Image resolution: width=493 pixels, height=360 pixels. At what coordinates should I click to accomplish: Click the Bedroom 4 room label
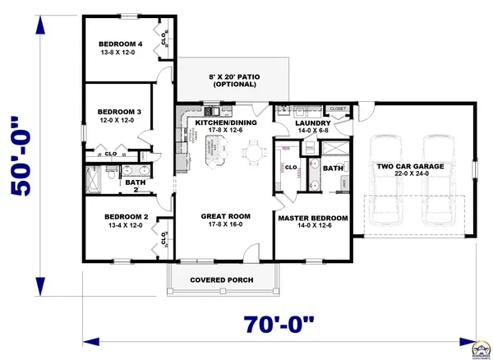[x=121, y=44]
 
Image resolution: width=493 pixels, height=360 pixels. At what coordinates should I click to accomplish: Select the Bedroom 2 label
[x=126, y=217]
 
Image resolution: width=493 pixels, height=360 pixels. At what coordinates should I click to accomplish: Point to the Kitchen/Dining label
[x=225, y=122]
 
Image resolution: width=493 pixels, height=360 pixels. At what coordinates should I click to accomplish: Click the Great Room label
[x=225, y=217]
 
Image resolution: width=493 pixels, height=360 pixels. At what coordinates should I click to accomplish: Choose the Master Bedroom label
[x=312, y=218]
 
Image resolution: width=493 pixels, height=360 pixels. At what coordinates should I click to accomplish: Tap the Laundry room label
[x=312, y=122]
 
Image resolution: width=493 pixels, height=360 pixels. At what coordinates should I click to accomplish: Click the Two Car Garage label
[x=410, y=166]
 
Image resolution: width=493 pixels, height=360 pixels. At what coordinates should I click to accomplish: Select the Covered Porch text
[x=222, y=280]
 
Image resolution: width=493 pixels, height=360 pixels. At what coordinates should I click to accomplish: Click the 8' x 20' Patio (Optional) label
[x=236, y=81]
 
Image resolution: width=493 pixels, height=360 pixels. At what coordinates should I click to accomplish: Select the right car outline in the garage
[x=437, y=179]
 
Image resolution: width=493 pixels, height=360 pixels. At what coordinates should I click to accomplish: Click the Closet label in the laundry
[x=337, y=108]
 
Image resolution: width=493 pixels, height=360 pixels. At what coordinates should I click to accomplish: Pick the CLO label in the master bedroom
[x=291, y=167]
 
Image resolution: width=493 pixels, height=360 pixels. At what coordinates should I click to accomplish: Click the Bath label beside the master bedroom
[x=333, y=168]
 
